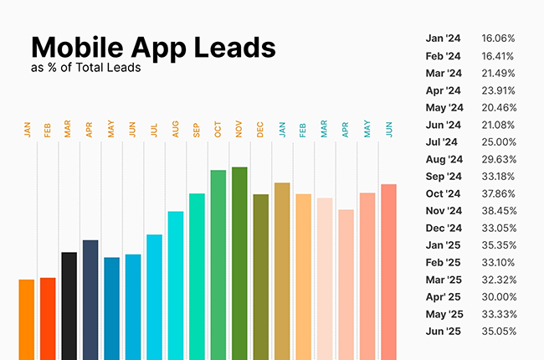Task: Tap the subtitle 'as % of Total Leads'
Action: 85,69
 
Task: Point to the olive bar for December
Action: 260,277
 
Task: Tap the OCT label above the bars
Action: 218,130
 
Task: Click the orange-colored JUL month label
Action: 154,130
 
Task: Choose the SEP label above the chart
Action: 197,130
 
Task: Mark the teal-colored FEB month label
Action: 303,130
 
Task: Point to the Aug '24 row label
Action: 444,159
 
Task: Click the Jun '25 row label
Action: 444,332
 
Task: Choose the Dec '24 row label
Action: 444,228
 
